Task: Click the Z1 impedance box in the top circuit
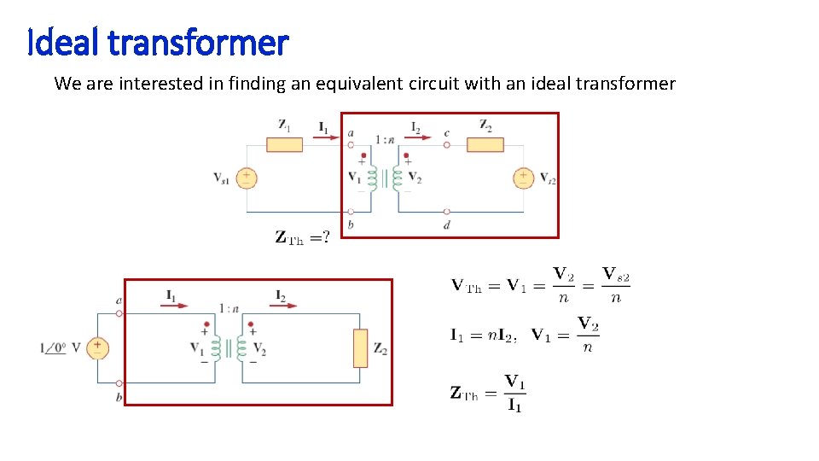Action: [x=284, y=144]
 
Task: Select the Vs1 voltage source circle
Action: [x=247, y=178]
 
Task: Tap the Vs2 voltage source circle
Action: [x=523, y=178]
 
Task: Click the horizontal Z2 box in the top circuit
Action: [x=485, y=144]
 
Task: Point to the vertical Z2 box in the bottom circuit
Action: [x=360, y=347]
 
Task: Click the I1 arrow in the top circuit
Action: [x=324, y=132]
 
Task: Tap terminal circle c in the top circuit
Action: [x=447, y=144]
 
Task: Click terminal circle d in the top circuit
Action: [x=447, y=211]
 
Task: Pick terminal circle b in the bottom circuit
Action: [x=119, y=383]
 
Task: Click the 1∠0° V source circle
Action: [x=97, y=347]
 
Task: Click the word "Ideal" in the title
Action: [x=65, y=42]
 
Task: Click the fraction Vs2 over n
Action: [x=616, y=285]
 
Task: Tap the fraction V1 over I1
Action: [x=514, y=393]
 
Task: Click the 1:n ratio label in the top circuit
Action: [x=382, y=140]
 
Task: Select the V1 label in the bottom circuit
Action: [x=196, y=348]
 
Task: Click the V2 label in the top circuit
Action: [x=415, y=178]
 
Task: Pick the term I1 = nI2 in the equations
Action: [x=483, y=334]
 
